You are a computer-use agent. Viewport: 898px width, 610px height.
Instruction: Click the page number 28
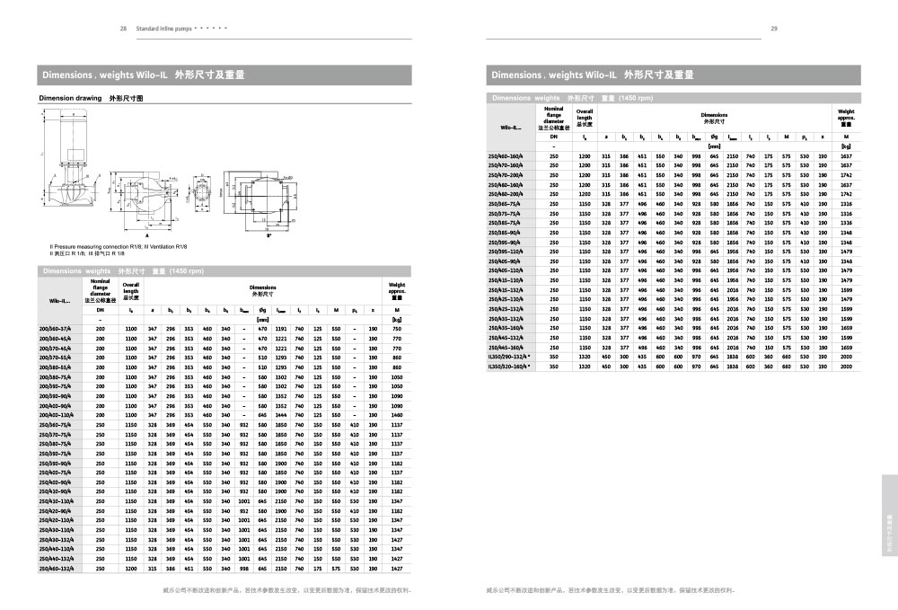[x=123, y=28]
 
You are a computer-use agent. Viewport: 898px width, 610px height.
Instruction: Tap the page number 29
[x=774, y=28]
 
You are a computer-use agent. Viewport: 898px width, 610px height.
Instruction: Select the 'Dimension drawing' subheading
[x=67, y=96]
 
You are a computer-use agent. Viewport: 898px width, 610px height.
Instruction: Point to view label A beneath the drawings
[x=146, y=233]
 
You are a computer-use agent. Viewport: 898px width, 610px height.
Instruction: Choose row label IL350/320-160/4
[x=509, y=367]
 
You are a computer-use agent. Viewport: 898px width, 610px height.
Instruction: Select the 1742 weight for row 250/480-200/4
[x=845, y=194]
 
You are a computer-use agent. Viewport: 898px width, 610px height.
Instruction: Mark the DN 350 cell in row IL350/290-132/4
[x=554, y=357]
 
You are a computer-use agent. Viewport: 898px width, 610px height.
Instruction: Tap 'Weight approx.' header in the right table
[x=845, y=118]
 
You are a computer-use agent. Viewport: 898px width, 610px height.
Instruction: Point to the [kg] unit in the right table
[x=845, y=146]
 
